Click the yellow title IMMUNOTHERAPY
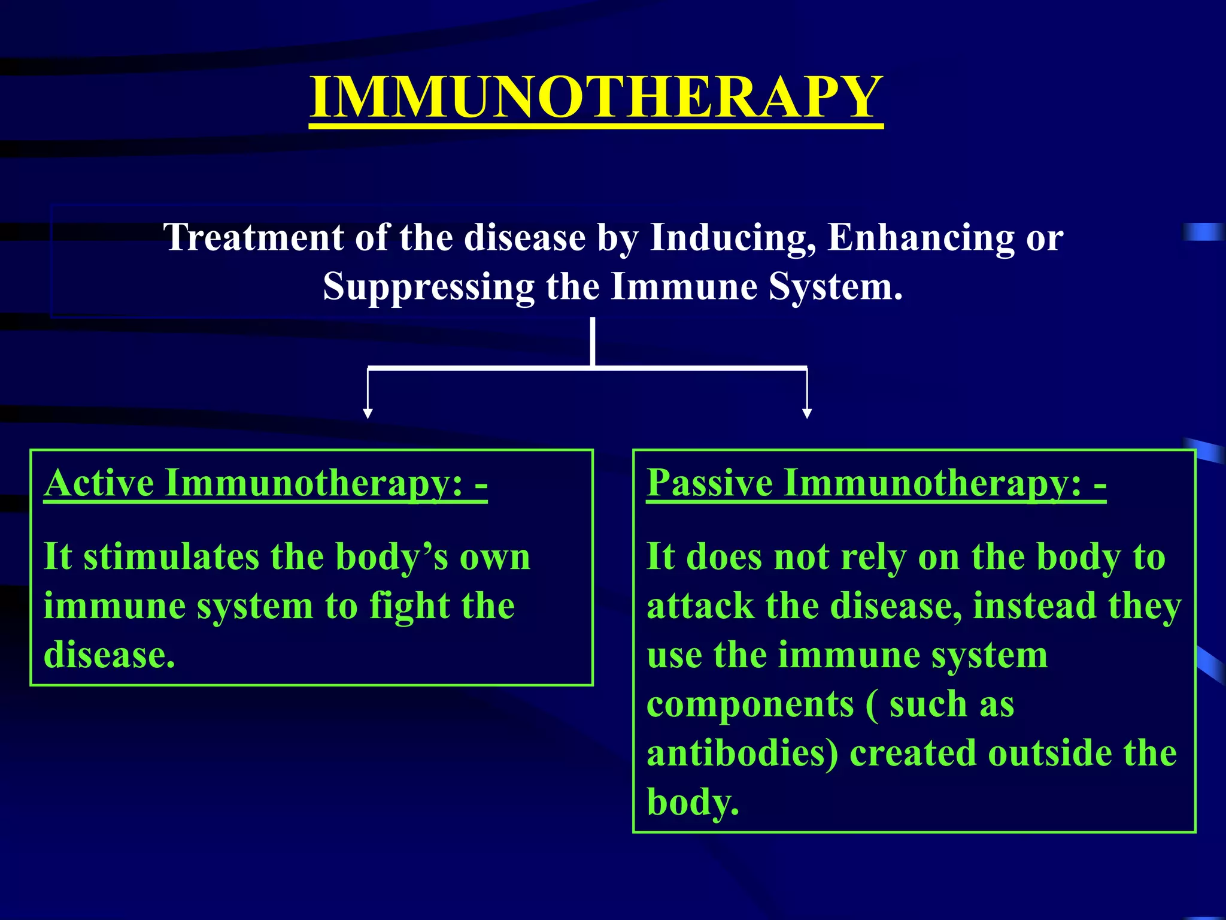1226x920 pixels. coord(596,98)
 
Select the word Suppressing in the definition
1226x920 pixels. coord(428,287)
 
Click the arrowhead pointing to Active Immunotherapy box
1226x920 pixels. coord(368,413)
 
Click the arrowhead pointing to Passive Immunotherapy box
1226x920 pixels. coord(807,413)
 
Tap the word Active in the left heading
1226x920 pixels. coord(99,483)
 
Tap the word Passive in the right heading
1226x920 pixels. coord(709,483)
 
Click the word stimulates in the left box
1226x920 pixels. coord(171,557)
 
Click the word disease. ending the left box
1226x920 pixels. coord(110,655)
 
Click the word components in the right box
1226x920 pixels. coord(750,704)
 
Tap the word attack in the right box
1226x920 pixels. coord(700,606)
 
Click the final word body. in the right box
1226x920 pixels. coord(693,803)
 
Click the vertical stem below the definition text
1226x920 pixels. coord(593,341)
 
